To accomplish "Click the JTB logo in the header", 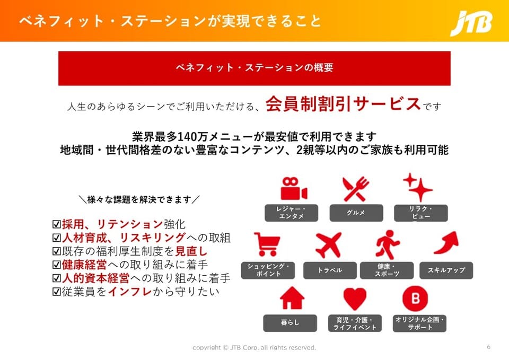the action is (x=471, y=23).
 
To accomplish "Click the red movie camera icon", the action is (x=294, y=189).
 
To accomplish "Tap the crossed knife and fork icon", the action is (x=356, y=189).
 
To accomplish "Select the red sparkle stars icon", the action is (x=417, y=187).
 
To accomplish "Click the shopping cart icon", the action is (x=267, y=244).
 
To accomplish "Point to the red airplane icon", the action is (x=329, y=245).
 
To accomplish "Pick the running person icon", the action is (x=388, y=245).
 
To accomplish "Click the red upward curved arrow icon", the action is (x=446, y=243).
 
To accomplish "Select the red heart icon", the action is (x=355, y=298).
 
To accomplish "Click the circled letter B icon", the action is (x=415, y=298).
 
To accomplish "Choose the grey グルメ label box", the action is (x=356, y=213).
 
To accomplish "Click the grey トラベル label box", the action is (x=330, y=270).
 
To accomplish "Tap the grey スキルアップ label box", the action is (x=446, y=270).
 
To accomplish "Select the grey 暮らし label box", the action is (x=290, y=323).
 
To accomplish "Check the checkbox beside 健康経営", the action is (x=57, y=265).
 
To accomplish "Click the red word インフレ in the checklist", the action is (x=130, y=292).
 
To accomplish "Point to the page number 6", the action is (x=488, y=347).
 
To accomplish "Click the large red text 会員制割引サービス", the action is (x=343, y=104).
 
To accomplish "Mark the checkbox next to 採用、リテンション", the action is (x=57, y=224).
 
